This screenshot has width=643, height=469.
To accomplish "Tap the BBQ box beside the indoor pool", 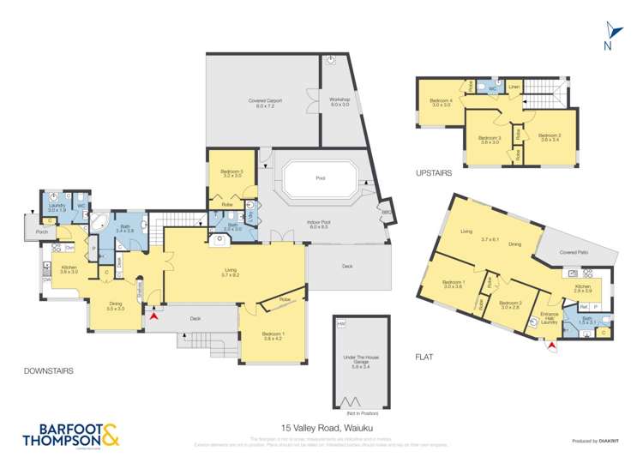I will pos(388,212).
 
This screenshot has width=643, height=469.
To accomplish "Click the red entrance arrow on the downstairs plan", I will pos(153,317).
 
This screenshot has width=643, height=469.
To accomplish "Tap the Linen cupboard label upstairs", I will pos(514,87).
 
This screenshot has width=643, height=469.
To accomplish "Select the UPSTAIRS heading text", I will pos(436,171).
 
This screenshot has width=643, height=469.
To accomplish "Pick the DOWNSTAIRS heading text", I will pos(50,370).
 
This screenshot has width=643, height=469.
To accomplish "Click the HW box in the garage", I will pos(342,323).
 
